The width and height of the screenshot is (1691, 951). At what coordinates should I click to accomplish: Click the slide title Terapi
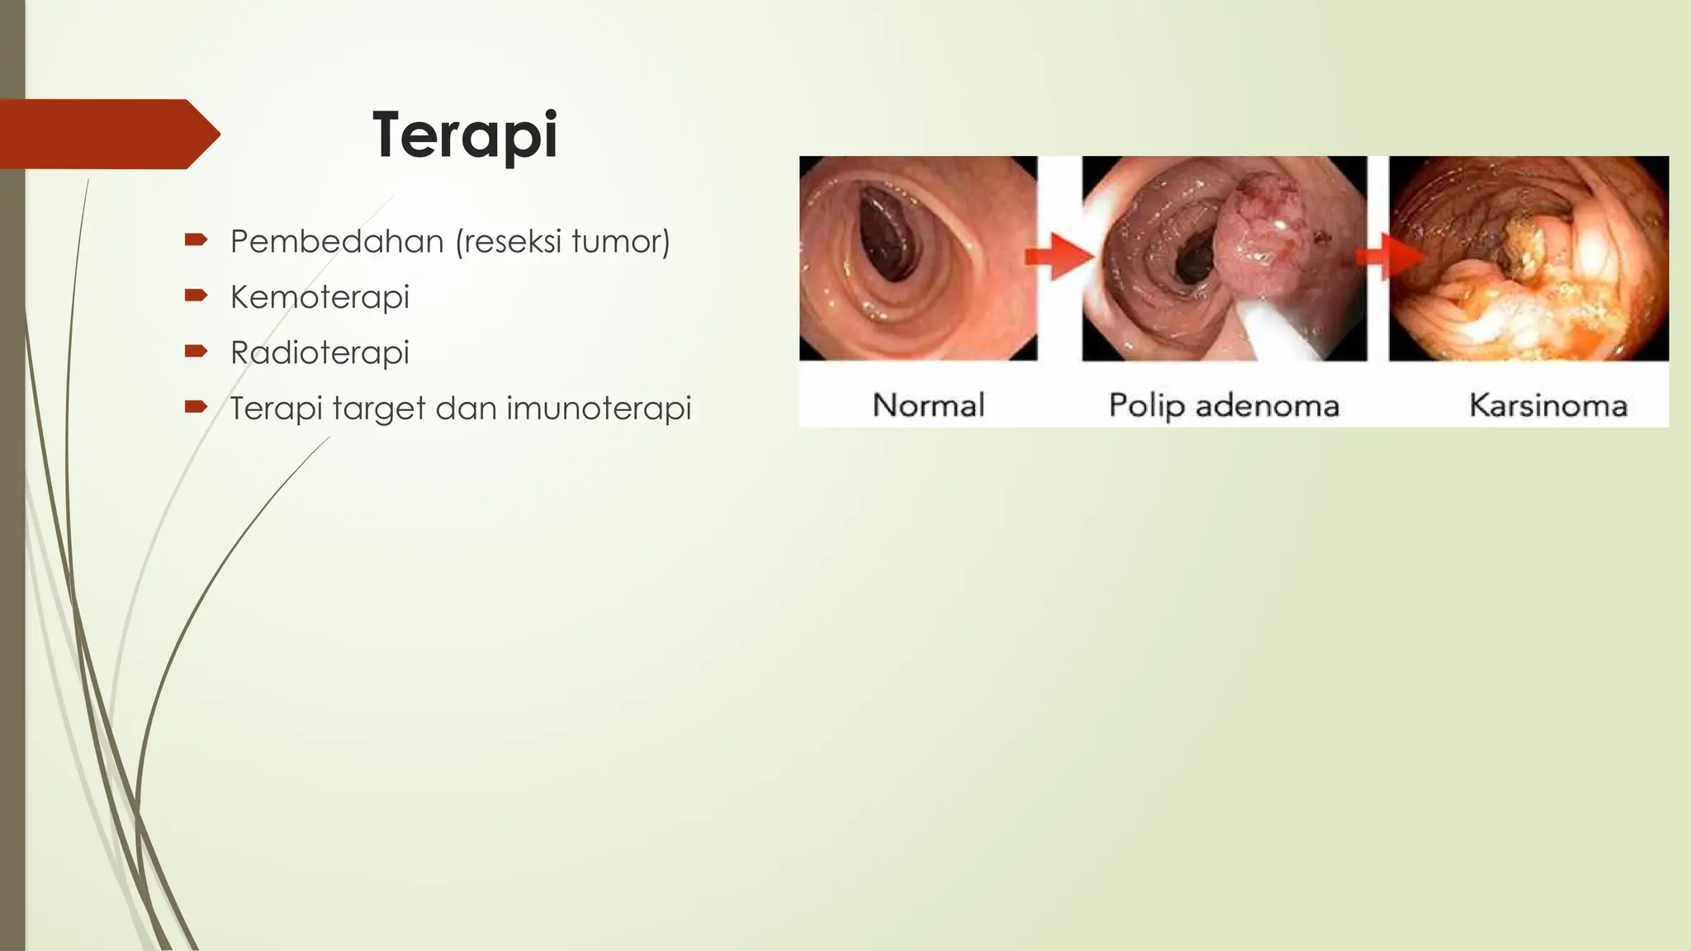(x=465, y=135)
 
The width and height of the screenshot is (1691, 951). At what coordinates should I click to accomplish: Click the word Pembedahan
(x=337, y=242)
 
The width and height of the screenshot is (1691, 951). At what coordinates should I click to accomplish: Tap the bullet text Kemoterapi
(x=320, y=297)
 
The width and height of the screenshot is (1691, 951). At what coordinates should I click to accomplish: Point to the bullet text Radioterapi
(x=320, y=353)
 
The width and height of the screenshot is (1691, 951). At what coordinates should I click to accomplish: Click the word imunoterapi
(x=599, y=409)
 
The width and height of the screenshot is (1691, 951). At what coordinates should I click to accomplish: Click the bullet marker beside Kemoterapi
(x=196, y=296)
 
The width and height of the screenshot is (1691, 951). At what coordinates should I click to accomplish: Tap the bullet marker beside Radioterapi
(x=196, y=351)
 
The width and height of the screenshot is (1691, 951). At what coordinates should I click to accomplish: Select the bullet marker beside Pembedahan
(x=196, y=240)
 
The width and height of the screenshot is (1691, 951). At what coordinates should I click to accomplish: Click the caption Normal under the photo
(x=929, y=405)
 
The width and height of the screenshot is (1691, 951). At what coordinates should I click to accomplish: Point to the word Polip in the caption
(x=1147, y=406)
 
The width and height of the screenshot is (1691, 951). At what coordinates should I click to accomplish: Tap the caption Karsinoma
(x=1548, y=405)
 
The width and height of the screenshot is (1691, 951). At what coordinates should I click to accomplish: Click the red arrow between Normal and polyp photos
(x=1059, y=257)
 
